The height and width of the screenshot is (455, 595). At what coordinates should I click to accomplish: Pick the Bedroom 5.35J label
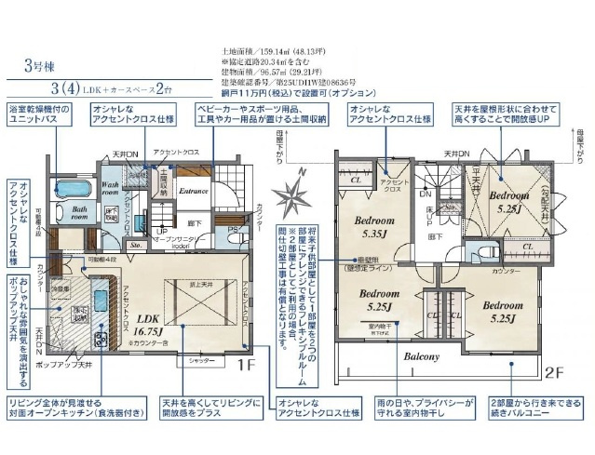tap(377, 228)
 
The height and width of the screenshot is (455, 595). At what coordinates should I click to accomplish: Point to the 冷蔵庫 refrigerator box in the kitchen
tap(58, 289)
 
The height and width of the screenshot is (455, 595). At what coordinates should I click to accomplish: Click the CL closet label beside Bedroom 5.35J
tap(354, 179)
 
